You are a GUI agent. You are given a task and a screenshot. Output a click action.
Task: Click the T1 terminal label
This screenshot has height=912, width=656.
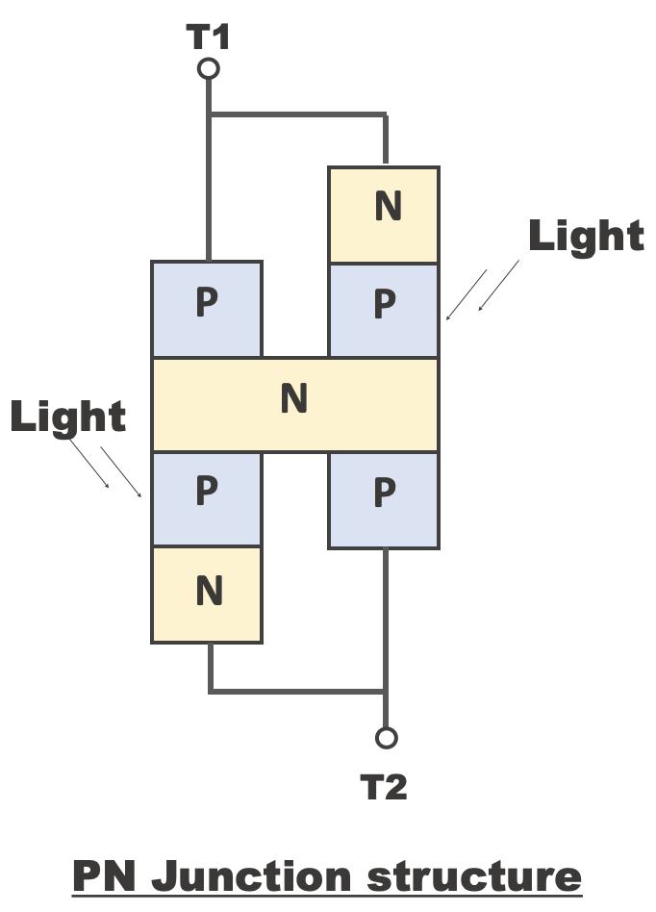point(207,37)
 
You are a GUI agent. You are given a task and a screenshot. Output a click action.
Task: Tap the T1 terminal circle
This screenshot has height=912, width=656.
point(208,68)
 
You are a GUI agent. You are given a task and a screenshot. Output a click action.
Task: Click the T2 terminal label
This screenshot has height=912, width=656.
point(384,788)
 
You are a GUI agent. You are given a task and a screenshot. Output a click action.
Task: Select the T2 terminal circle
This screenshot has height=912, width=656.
point(386,738)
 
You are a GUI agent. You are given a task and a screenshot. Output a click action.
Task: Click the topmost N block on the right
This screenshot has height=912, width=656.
point(384,214)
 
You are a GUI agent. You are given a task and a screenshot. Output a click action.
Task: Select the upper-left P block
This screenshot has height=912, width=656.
point(206,308)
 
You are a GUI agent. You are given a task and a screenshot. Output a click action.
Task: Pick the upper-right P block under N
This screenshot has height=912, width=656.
point(384,308)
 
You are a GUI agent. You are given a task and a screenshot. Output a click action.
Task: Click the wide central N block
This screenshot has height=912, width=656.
point(294,403)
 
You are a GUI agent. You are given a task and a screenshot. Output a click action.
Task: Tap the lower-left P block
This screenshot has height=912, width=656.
point(206,497)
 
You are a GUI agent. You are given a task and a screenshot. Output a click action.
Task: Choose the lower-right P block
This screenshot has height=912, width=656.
point(384,497)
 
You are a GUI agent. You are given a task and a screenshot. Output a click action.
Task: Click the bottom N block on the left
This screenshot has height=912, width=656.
point(206,593)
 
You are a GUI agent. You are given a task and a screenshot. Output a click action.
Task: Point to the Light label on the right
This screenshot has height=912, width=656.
point(586,236)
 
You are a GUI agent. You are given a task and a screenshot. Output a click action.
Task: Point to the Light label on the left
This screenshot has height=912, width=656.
point(68,416)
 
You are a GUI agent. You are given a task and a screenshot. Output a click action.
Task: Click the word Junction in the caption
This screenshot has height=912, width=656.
point(251,876)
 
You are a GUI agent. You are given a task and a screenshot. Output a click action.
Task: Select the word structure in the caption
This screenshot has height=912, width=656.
point(474,876)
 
